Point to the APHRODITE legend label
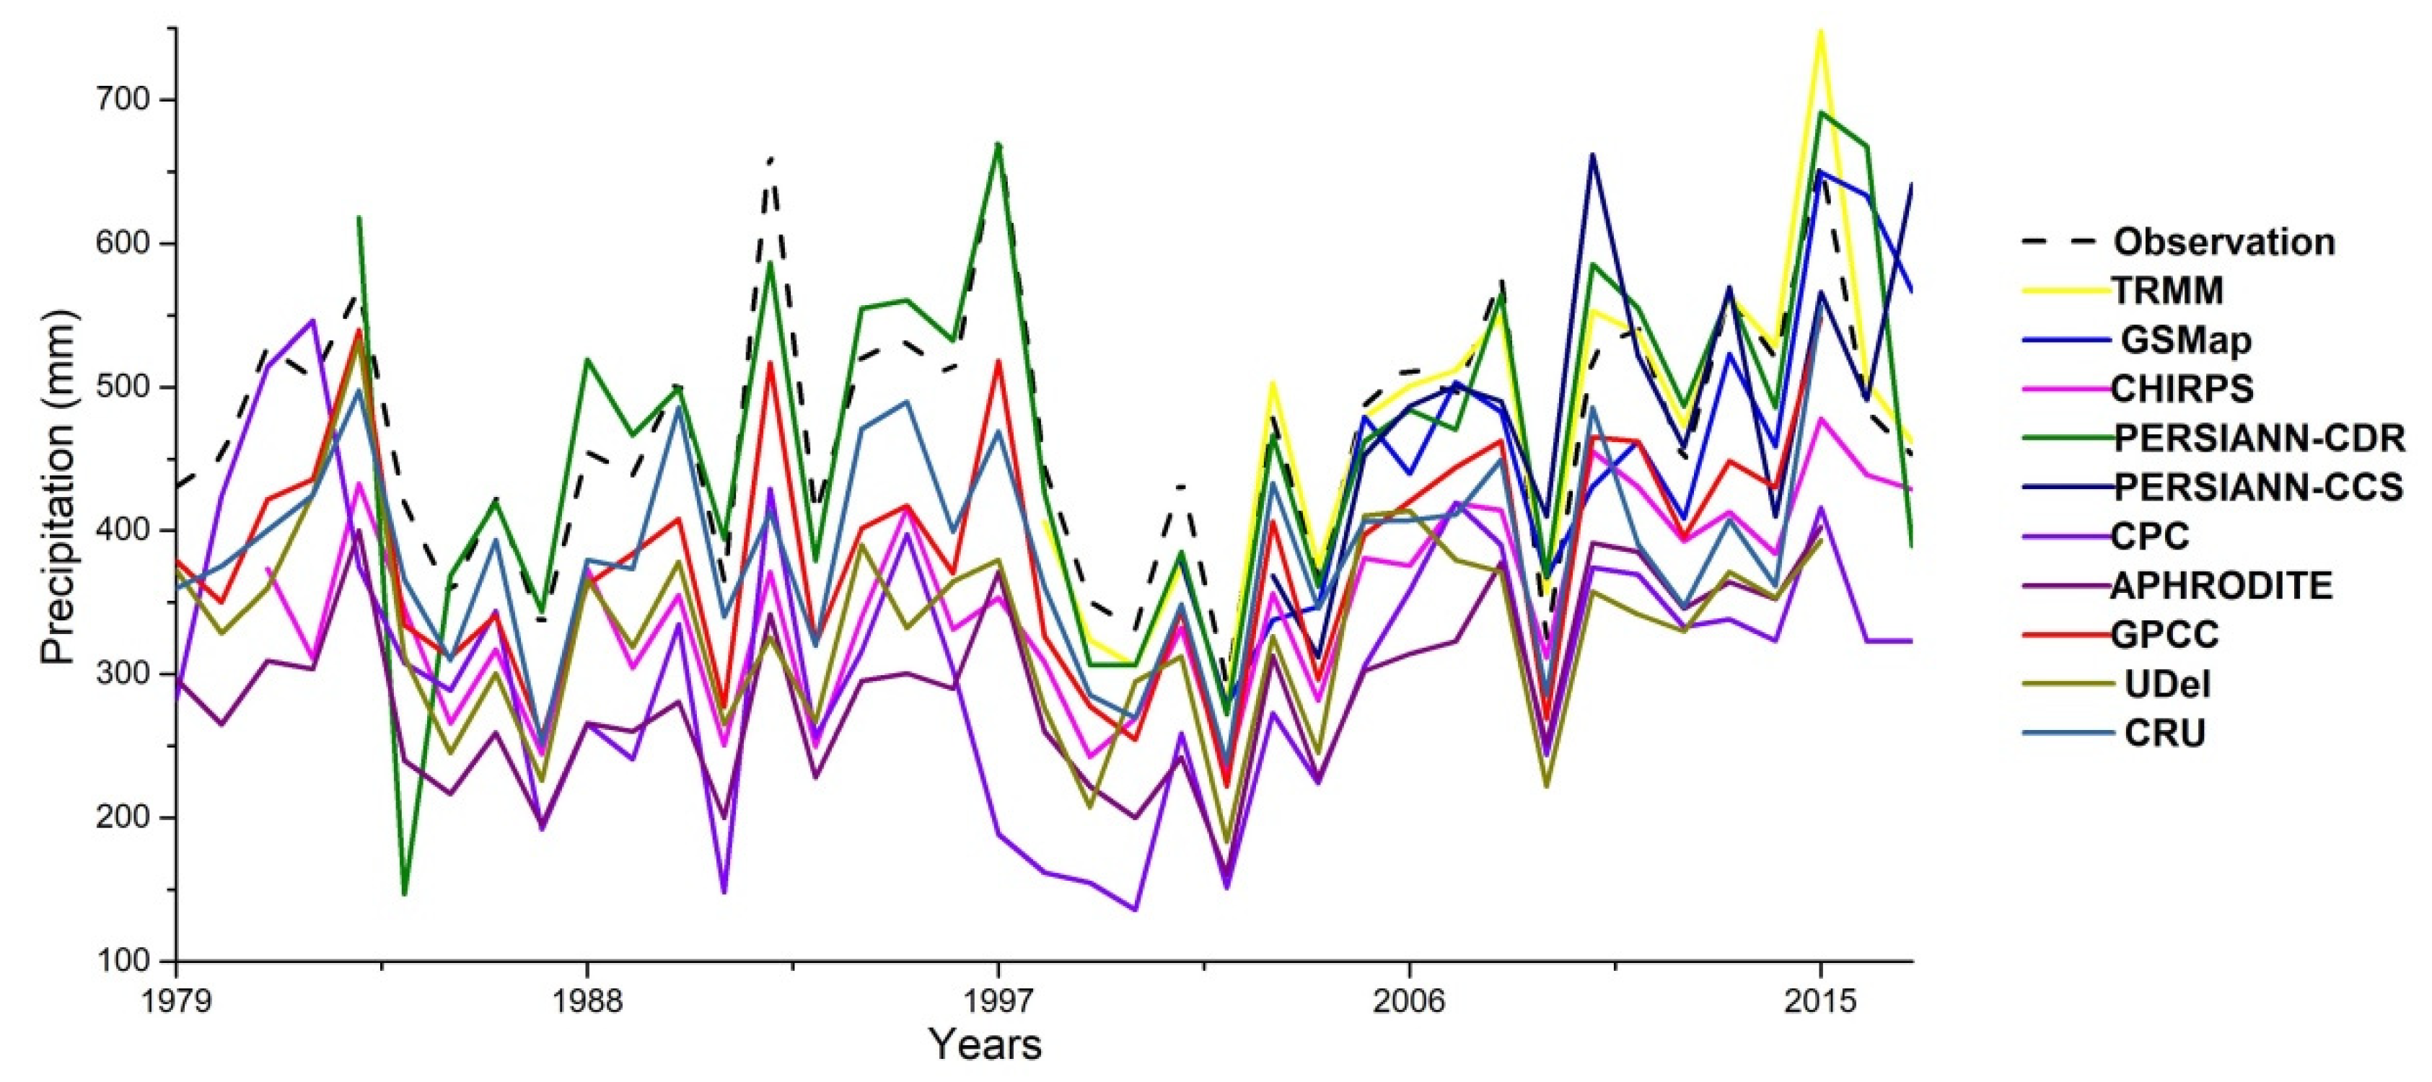click(2221, 586)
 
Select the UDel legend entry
click(2165, 685)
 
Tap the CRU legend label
click(2164, 734)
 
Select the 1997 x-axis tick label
click(998, 1000)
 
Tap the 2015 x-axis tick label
click(1820, 1000)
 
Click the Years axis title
click(985, 1045)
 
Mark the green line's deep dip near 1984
click(405, 893)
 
